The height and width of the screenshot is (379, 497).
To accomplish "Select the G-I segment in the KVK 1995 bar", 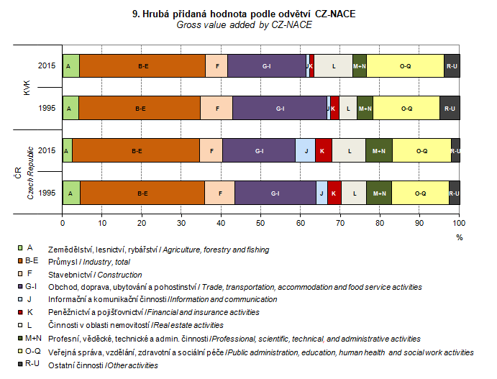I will [x=279, y=108].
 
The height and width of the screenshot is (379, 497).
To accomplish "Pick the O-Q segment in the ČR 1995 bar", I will [x=420, y=193].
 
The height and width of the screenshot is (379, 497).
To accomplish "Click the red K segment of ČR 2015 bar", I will [x=323, y=150].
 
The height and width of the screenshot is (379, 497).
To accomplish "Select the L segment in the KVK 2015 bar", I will [x=334, y=65].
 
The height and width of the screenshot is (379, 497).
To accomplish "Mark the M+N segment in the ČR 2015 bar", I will [x=378, y=150].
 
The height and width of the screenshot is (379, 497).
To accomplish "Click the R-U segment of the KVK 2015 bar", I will [x=452, y=65].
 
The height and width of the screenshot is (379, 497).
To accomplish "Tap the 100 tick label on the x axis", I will [x=459, y=223].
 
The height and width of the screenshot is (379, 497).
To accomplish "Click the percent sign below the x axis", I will [x=459, y=237].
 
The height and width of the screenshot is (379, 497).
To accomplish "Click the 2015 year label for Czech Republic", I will [x=47, y=150].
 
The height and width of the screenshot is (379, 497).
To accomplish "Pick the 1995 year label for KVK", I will [x=47, y=108].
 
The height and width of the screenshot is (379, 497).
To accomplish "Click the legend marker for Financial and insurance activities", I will [x=29, y=312].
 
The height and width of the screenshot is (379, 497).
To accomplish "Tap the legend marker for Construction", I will [x=29, y=274].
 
